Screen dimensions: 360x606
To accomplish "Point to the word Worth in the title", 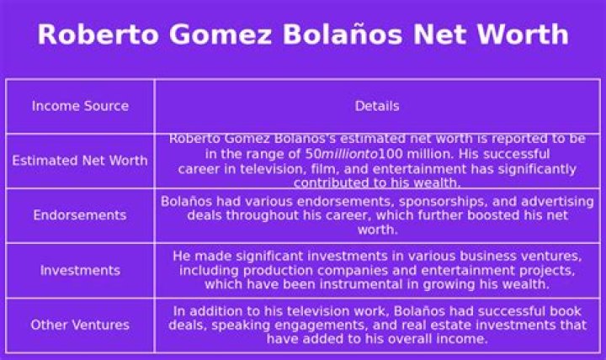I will [524, 34].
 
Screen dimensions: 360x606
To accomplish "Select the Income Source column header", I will [80, 106].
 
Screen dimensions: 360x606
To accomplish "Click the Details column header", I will [377, 106].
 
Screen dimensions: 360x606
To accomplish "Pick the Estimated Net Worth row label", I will [80, 161].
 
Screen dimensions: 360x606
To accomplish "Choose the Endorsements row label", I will [80, 215].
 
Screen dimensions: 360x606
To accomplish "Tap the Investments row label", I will [80, 270].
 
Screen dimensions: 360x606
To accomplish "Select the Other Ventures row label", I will [80, 325].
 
